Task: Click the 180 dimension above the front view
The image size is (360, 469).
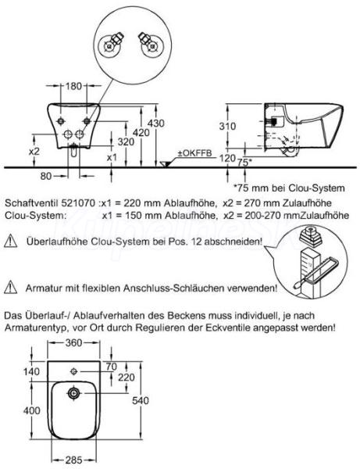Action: point(73,86)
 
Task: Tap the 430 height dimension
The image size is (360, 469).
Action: point(156,124)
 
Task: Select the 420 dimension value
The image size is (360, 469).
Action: point(141,132)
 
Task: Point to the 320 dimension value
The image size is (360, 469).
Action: point(126,141)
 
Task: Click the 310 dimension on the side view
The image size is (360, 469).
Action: point(227,126)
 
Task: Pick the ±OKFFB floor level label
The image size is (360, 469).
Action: point(194,153)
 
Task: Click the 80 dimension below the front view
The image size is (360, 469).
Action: point(46,176)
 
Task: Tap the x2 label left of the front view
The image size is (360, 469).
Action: point(34,151)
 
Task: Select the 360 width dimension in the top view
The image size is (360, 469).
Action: point(73,343)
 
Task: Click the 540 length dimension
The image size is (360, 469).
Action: point(141,400)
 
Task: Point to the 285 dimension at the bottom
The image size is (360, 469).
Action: point(73,460)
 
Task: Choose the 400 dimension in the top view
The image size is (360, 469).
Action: point(32,410)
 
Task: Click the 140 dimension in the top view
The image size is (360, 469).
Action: point(31,371)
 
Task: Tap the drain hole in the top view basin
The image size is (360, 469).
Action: point(73,393)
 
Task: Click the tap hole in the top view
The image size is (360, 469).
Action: point(73,371)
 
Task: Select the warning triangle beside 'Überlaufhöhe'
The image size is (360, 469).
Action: point(10,241)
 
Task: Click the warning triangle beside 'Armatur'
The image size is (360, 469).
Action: point(10,287)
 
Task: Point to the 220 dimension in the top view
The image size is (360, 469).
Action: point(126,378)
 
